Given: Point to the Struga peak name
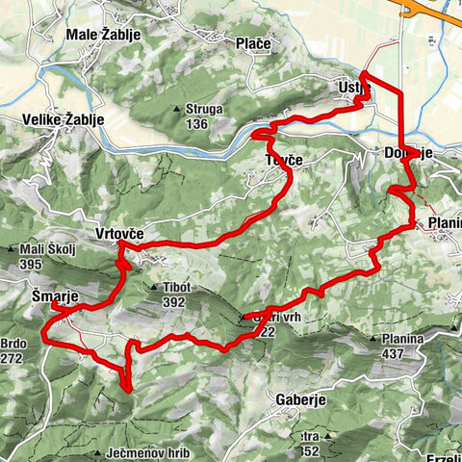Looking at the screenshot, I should pos(204,109).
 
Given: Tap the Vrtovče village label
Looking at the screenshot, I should pos(120,234).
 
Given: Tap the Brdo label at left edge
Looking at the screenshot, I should pos(16,342).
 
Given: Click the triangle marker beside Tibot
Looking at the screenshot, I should pos(153,287).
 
